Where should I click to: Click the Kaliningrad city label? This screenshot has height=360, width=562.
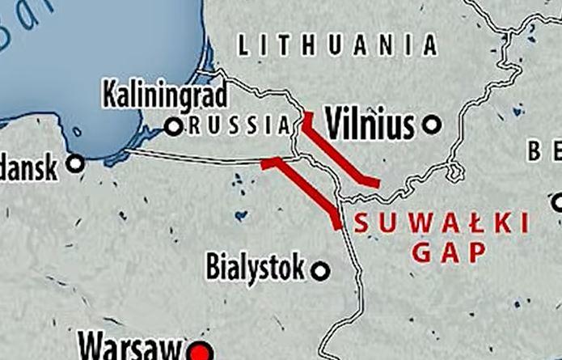click(165, 96)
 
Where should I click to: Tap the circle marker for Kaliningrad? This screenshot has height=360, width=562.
click(173, 126)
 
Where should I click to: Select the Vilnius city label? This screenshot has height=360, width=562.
click(370, 124)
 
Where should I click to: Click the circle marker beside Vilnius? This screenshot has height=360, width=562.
click(433, 125)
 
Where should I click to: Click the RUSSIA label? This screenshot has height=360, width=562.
click(239, 125)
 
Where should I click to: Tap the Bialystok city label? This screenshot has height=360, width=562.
click(256, 267)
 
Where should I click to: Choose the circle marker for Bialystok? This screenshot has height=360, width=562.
click(321, 271)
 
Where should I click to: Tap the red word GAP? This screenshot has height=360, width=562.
click(448, 253)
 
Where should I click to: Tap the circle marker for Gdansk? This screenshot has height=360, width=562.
click(76, 164)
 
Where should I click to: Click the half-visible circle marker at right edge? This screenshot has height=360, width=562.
click(558, 201)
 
